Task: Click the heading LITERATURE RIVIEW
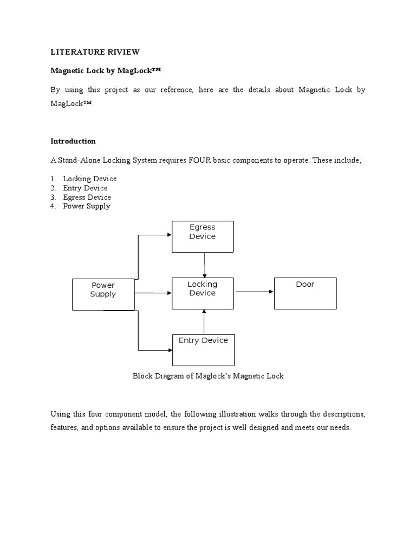[x=95, y=52]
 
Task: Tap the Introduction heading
[x=73, y=141]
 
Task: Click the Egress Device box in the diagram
[x=203, y=236]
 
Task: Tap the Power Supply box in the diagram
[x=103, y=294]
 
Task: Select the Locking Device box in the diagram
[x=203, y=293]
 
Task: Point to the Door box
[x=305, y=293]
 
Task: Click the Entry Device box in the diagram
[x=203, y=350]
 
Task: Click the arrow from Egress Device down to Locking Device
[x=204, y=265]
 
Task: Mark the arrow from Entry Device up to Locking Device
[x=204, y=322]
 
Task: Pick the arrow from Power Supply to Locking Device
[x=153, y=293]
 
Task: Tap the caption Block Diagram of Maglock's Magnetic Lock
[x=208, y=376]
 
